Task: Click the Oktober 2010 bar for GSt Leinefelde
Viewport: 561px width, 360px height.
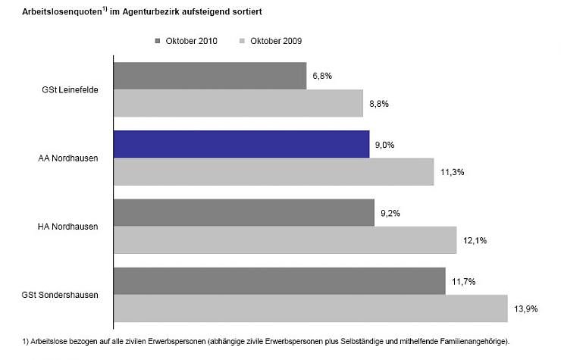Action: coord(210,76)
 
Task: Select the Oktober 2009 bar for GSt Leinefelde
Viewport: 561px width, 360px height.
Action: coord(238,103)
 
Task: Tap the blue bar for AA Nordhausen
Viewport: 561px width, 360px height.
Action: coord(241,144)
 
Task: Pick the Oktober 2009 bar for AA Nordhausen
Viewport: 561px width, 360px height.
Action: coord(274,172)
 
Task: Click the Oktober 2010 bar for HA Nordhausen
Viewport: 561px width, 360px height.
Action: coord(244,213)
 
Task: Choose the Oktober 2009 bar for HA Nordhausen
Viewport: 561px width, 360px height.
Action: coord(285,240)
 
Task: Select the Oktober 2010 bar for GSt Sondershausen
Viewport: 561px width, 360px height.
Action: coord(279,281)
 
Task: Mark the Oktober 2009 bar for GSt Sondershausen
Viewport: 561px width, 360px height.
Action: coord(310,308)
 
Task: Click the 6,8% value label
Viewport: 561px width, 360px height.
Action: coord(321,76)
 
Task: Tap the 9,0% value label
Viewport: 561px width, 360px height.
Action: coord(384,144)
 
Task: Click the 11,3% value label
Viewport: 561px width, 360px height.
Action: coord(451,172)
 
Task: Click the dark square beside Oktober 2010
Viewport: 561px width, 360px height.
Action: coord(158,41)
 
